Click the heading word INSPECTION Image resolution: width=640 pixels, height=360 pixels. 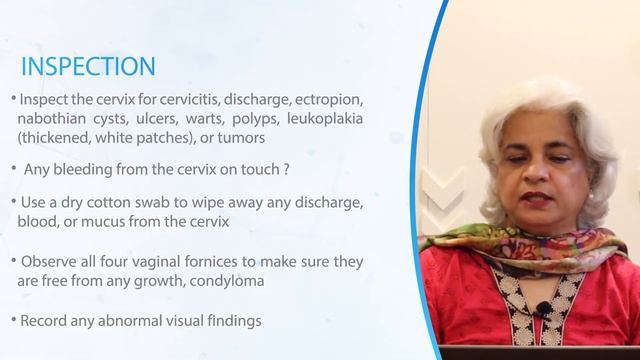click(88, 67)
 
